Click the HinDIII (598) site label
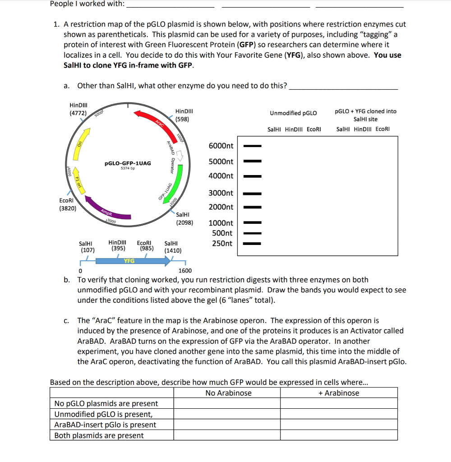click(184, 115)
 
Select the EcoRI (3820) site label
click(68, 204)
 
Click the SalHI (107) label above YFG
click(87, 246)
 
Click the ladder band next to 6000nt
click(253, 146)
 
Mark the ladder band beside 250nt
click(253, 244)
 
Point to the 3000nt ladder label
click(221, 193)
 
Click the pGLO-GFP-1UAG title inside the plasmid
click(128, 163)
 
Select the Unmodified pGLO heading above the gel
click(293, 113)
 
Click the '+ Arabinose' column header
click(339, 393)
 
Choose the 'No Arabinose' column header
click(228, 393)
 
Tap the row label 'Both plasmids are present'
click(99, 435)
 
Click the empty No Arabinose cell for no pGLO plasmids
click(228, 403)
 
